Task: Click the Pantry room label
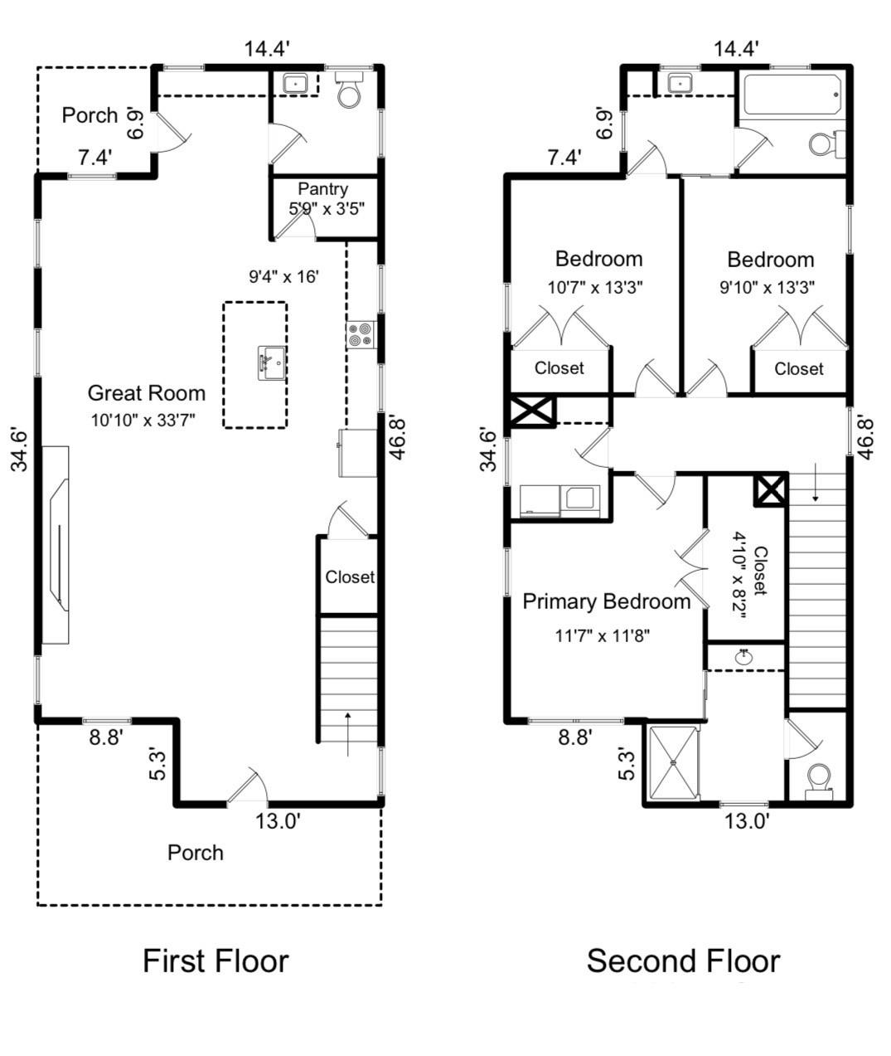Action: click(323, 189)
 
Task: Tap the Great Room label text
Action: click(147, 393)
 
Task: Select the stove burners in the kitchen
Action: click(361, 335)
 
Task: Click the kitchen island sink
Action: click(272, 363)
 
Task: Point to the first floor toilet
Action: click(349, 90)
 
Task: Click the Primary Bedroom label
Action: click(607, 602)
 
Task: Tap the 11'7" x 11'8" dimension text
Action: click(603, 635)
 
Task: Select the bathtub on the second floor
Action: click(792, 95)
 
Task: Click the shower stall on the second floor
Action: click(674, 763)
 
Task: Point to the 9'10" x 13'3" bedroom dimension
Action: click(768, 288)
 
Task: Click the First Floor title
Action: click(215, 961)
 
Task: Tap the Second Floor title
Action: click(683, 961)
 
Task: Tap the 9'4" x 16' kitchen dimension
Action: click(283, 276)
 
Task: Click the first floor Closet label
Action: click(350, 577)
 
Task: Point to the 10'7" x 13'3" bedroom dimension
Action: click(595, 288)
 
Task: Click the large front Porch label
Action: click(196, 853)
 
